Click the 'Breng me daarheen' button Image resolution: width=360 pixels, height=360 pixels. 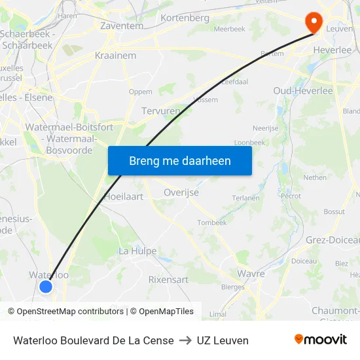(179, 160)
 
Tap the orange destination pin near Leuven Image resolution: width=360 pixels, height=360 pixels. (314, 23)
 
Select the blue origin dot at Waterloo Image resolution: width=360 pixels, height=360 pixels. (46, 286)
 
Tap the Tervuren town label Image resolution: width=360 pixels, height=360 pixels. (160, 111)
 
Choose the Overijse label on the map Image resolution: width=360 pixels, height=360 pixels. (181, 192)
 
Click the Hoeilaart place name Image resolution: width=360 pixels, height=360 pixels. (124, 196)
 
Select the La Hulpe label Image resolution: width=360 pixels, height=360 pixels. (137, 251)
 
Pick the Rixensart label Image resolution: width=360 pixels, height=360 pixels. (168, 279)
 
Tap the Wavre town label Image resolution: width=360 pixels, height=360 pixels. (251, 273)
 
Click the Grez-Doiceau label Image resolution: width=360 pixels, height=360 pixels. (333, 240)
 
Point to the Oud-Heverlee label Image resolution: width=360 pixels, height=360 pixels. (303, 90)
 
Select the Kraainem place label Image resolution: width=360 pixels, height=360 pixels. (116, 56)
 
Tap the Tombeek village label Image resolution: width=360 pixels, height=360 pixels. (212, 223)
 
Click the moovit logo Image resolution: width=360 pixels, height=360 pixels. (321, 340)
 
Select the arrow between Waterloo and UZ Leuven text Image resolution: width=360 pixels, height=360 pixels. (185, 340)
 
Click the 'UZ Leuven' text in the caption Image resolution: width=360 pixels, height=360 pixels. (223, 340)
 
